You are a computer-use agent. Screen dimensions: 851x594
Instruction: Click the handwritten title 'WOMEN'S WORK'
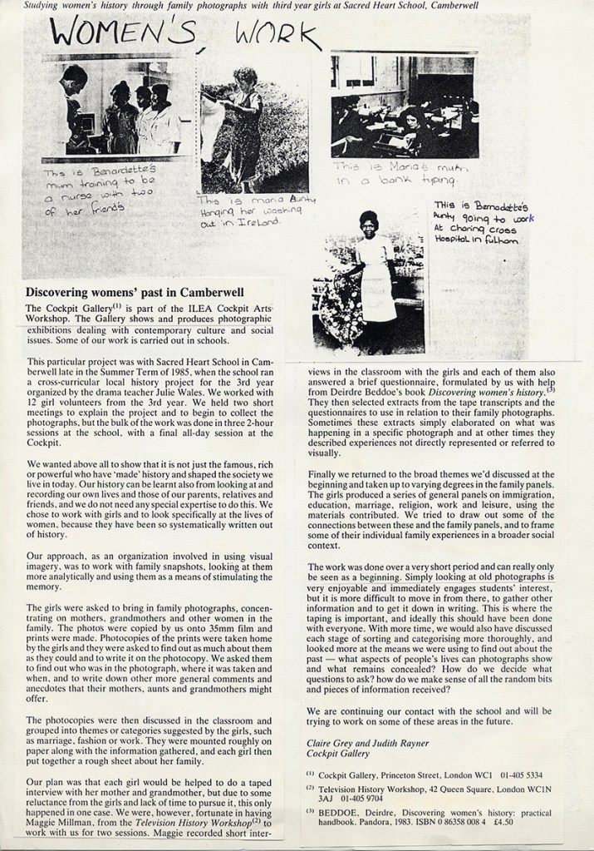coord(183,34)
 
